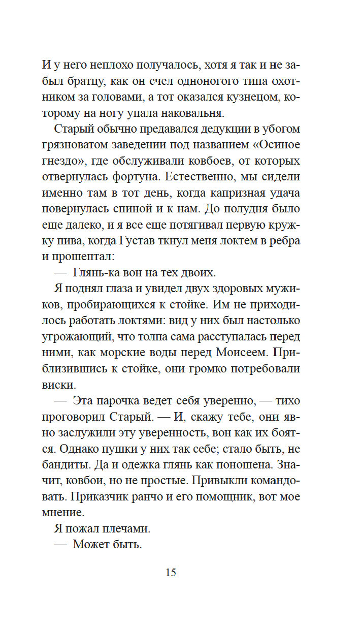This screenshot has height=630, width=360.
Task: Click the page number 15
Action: [x=171, y=573]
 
